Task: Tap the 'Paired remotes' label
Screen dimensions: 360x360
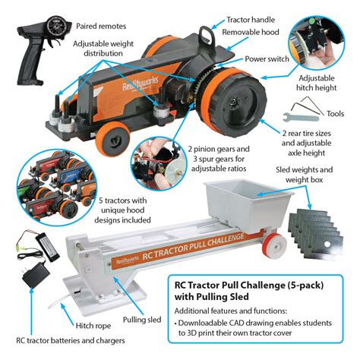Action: tap(101, 26)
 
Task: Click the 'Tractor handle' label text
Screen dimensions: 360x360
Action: tap(251, 20)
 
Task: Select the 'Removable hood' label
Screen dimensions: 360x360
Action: tap(251, 32)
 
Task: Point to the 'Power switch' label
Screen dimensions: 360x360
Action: tap(267, 59)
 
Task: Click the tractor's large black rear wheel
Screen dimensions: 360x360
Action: tap(235, 100)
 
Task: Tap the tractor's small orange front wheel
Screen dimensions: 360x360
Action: tap(112, 138)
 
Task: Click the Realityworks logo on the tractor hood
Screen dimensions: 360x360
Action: tap(140, 82)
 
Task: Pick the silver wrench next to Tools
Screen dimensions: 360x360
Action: tap(301, 117)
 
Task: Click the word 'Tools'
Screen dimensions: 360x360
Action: tap(335, 114)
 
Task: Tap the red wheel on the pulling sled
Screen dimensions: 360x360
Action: tap(275, 245)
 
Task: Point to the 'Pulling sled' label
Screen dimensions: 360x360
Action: tap(142, 320)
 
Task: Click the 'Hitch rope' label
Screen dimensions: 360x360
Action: tap(93, 326)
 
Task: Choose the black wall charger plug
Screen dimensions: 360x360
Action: tap(36, 275)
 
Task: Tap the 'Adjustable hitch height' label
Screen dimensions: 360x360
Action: tap(317, 83)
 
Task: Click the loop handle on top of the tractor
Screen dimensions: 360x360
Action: tap(207, 33)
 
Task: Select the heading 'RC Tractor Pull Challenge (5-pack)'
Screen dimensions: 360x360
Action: tap(249, 286)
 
